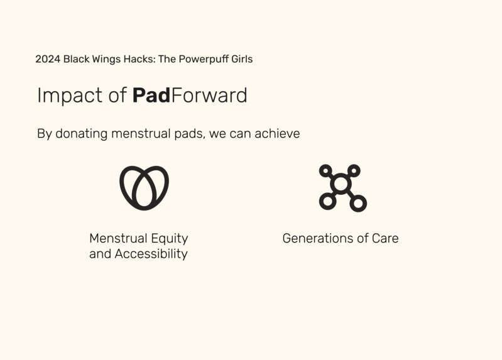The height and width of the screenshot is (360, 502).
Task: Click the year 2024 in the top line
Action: click(48, 59)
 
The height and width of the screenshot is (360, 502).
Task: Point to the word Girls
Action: click(241, 59)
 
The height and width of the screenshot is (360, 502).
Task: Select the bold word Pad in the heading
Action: click(151, 95)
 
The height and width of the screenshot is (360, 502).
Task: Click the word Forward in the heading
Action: click(209, 95)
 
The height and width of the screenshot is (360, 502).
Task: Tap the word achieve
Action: click(277, 134)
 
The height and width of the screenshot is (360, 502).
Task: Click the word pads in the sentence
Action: click(188, 134)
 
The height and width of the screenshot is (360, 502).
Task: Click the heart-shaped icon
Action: click(145, 187)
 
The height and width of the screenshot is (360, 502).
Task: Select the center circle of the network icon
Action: click(341, 184)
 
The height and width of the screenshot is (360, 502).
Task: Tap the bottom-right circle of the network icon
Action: click(359, 204)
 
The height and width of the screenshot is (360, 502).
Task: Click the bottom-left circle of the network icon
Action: click(327, 202)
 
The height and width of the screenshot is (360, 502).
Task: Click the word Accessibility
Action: click(151, 254)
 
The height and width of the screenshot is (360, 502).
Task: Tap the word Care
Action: click(385, 239)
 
